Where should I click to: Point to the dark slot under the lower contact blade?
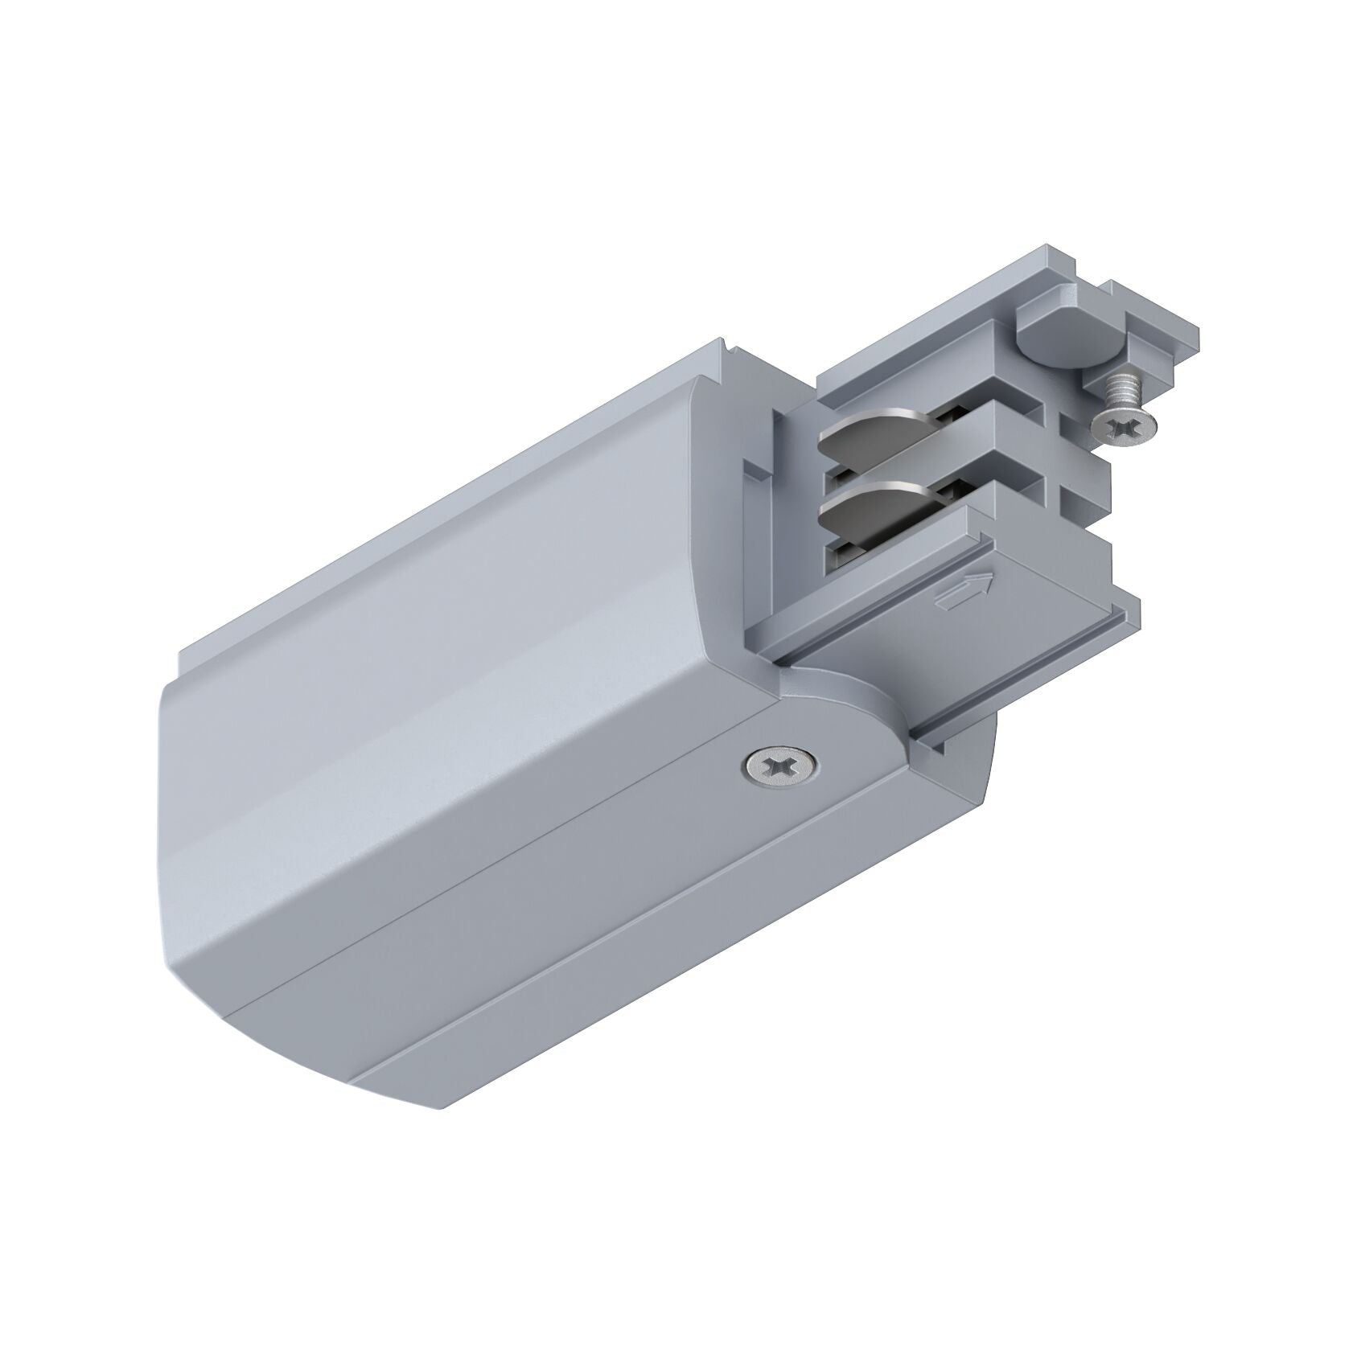(x=845, y=555)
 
